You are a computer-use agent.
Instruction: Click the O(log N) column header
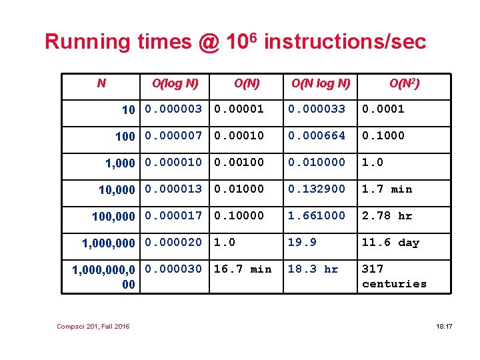tap(175, 83)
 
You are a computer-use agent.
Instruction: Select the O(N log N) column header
tap(320, 83)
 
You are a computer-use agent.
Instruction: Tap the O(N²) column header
tap(405, 83)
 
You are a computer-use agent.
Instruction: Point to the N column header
tap(101, 83)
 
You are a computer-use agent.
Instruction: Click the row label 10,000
tap(117, 190)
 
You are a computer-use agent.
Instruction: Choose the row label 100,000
tap(113, 217)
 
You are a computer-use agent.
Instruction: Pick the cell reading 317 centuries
tap(394, 276)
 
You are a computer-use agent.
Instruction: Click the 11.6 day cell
tap(390, 243)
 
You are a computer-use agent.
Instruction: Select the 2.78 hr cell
tap(387, 216)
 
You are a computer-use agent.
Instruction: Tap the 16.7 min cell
tap(242, 269)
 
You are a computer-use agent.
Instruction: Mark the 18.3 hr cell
tap(313, 269)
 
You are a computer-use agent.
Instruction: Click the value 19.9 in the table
tap(301, 243)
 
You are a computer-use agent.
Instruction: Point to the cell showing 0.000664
tap(317, 135)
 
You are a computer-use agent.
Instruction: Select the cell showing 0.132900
tap(317, 189)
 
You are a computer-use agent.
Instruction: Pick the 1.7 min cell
tap(387, 189)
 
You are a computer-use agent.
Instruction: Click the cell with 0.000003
tap(173, 109)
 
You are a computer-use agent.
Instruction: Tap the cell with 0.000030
tap(173, 269)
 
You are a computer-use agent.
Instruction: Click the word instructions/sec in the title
tap(345, 42)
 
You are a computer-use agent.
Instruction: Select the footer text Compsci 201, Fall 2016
tap(93, 325)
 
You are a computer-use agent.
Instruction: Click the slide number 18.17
tap(444, 325)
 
